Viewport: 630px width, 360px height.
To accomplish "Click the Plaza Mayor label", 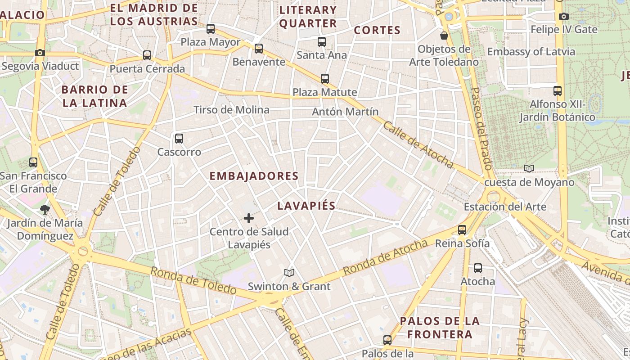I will pyautogui.click(x=211, y=42).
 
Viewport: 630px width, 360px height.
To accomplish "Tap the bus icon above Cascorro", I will pyautogui.click(x=179, y=139).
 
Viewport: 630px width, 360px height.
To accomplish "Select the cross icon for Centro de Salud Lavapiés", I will pyautogui.click(x=248, y=219).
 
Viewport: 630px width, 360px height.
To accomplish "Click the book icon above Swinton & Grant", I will pyautogui.click(x=289, y=273).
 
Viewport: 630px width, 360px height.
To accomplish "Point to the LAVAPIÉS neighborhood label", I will pyautogui.click(x=306, y=206).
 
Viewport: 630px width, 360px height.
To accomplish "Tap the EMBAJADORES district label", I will pyautogui.click(x=254, y=176).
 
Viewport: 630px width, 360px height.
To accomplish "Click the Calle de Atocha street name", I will pyautogui.click(x=418, y=144).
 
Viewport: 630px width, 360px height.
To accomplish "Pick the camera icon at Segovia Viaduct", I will pyautogui.click(x=40, y=53).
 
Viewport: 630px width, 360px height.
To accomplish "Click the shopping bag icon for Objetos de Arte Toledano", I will pyautogui.click(x=444, y=36).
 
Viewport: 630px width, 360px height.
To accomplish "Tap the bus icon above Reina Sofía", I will pyautogui.click(x=462, y=230).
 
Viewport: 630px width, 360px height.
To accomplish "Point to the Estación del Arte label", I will pyautogui.click(x=505, y=207).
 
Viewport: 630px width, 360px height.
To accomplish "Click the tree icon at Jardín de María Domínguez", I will pyautogui.click(x=45, y=209).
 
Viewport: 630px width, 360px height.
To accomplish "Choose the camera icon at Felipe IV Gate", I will pyautogui.click(x=564, y=17).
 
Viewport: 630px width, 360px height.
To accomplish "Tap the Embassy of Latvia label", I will pyautogui.click(x=531, y=52).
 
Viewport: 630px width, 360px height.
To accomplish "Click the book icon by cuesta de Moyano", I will pyautogui.click(x=529, y=169).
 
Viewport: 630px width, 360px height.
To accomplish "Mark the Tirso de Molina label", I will pyautogui.click(x=231, y=110).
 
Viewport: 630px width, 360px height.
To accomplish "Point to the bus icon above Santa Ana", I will pyautogui.click(x=321, y=42).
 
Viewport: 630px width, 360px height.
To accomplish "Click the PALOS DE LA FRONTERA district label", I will pyautogui.click(x=440, y=328).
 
